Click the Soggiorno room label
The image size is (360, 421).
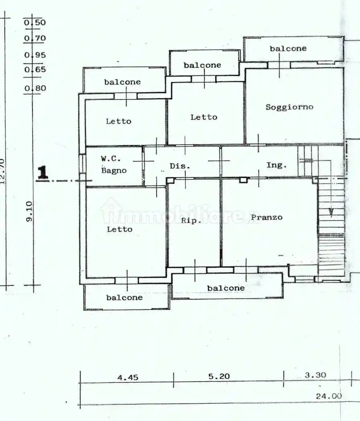(289, 107)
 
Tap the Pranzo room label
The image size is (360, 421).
(266, 217)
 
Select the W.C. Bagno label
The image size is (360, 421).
(113, 164)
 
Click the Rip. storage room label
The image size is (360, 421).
(191, 221)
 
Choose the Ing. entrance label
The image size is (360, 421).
(277, 165)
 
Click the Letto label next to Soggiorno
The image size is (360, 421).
(203, 117)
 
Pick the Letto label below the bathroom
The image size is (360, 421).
(119, 229)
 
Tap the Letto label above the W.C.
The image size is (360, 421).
(118, 121)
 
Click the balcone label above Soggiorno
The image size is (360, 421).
(288, 49)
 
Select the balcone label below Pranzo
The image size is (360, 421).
(226, 288)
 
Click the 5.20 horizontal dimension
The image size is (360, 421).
(220, 376)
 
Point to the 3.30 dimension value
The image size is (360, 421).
(315, 375)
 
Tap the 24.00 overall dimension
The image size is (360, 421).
(329, 396)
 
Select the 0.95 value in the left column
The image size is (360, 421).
(35, 55)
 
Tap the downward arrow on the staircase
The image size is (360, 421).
(331, 212)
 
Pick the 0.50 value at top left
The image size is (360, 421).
(35, 22)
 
